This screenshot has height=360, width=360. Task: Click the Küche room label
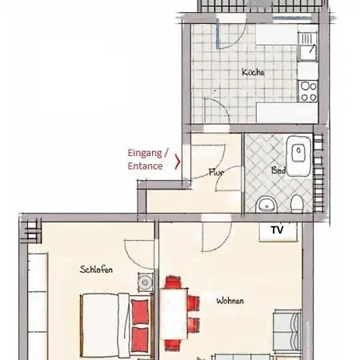click(x=253, y=72)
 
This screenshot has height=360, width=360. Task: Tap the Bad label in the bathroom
click(x=278, y=170)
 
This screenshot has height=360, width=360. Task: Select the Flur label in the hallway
click(x=216, y=172)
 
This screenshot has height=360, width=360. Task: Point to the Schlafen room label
click(x=96, y=269)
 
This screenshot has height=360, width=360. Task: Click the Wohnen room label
click(x=230, y=301)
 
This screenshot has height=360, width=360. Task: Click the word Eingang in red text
click(x=145, y=153)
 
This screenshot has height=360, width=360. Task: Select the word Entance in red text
click(x=146, y=166)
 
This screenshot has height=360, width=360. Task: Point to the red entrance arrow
click(x=178, y=161)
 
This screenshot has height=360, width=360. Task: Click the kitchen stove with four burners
click(x=308, y=91)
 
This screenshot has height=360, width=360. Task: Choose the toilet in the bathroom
click(x=296, y=204)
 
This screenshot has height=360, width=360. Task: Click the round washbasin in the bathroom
click(x=266, y=205)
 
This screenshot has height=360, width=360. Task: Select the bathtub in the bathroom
click(x=298, y=156)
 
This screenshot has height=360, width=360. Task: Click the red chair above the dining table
click(x=173, y=282)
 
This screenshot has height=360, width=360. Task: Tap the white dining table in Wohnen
click(x=174, y=314)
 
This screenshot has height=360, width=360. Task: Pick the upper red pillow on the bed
click(x=140, y=311)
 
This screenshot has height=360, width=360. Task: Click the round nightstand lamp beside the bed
click(x=146, y=282)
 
